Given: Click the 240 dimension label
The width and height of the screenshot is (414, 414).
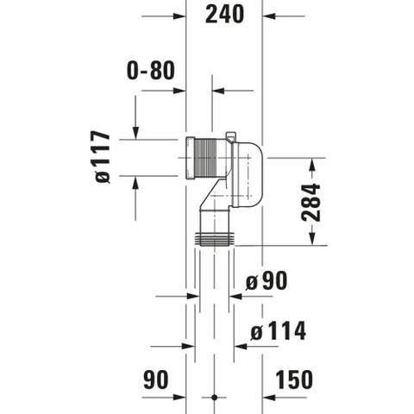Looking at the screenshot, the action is pyautogui.click(x=224, y=14).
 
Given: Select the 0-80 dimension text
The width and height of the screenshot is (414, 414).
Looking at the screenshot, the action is pyautogui.click(x=151, y=70).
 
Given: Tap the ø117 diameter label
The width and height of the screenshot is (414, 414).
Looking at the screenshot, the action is pyautogui.click(x=103, y=157).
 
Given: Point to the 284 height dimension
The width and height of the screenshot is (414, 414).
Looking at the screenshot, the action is pyautogui.click(x=311, y=203).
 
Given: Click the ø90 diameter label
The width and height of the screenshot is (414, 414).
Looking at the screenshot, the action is pyautogui.click(x=267, y=280).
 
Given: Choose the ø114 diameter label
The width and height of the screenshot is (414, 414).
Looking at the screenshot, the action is pyautogui.click(x=279, y=330).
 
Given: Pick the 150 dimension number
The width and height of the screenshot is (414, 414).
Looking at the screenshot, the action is pyautogui.click(x=294, y=379).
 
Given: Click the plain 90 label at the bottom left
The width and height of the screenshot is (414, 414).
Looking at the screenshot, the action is pyautogui.click(x=156, y=379).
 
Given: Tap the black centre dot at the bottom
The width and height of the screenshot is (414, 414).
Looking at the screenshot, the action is pyautogui.click(x=214, y=398).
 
